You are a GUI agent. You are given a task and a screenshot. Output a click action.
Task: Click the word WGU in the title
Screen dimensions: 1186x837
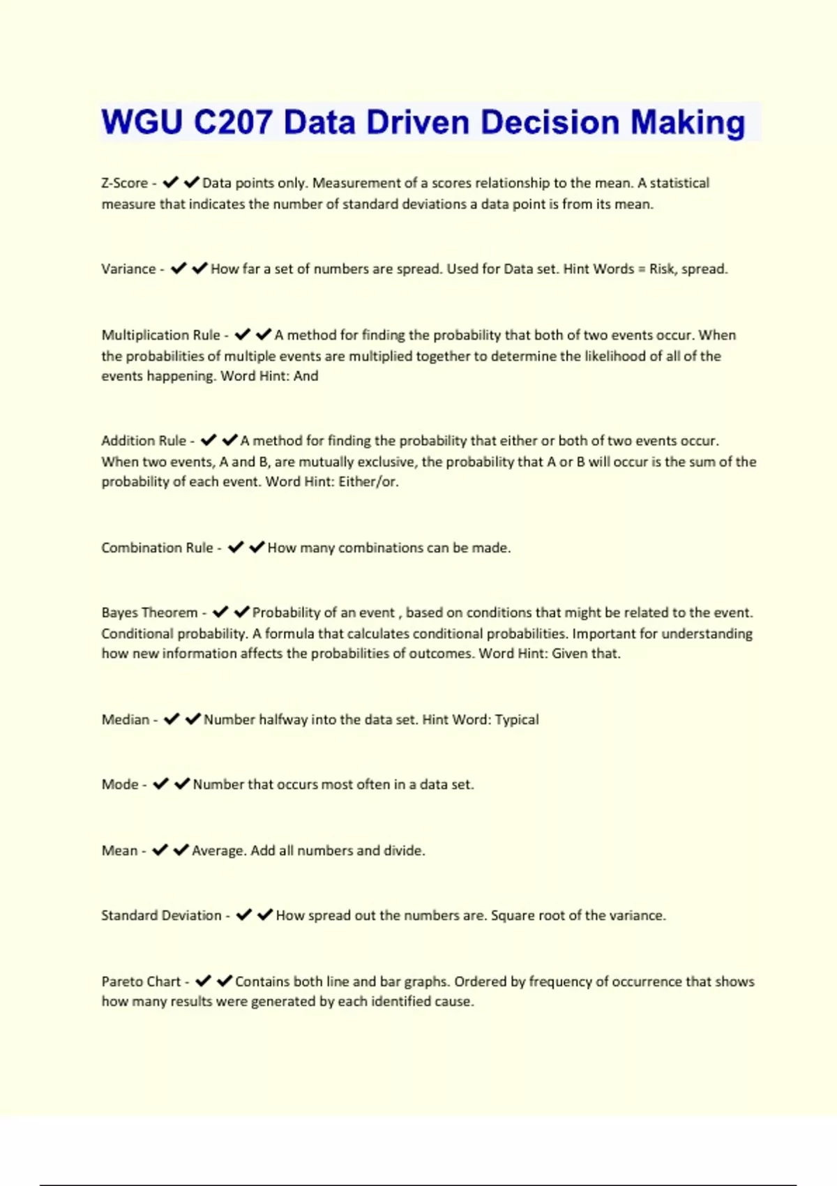coord(142,122)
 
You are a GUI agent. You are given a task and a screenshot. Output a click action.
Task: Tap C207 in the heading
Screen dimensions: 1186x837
coord(233,122)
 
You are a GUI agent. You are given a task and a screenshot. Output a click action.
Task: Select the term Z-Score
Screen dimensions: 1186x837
coord(124,183)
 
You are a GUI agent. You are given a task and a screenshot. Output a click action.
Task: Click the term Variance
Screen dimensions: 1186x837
coord(128,269)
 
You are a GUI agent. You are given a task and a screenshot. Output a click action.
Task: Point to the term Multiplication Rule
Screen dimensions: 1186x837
coord(160,336)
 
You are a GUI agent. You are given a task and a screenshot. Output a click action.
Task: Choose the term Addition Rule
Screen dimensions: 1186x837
coord(144,441)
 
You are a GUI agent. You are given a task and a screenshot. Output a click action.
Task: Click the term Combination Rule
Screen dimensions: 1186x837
coord(157,548)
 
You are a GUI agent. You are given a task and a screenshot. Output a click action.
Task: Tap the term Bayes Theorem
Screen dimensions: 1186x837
coord(149,613)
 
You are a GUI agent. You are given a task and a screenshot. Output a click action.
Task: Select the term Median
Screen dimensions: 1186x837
coord(126,720)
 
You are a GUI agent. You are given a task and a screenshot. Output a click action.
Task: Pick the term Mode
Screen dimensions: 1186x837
coord(120,785)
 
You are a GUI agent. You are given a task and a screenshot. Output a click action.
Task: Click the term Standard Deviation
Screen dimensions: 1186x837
coord(161,916)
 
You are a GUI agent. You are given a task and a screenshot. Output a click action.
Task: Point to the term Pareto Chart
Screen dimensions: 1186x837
coord(141,982)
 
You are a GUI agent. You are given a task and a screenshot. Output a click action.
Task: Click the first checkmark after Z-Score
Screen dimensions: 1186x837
coord(170,183)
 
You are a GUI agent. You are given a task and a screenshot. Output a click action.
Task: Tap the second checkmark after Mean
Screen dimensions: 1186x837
coord(181,850)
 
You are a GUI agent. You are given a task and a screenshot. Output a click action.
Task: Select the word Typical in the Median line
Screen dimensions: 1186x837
coord(517,720)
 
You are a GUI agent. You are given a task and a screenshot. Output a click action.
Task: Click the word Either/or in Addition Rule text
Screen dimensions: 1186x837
coord(368,482)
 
